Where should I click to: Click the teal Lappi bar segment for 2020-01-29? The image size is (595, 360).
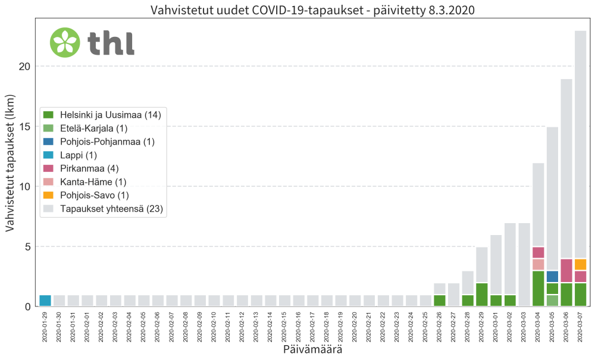tap(45, 300)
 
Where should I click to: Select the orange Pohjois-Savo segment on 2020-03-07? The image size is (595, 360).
tap(581, 264)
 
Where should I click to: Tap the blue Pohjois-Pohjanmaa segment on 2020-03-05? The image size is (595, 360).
tap(552, 277)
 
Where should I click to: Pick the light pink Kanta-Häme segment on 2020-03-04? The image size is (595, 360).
tap(538, 264)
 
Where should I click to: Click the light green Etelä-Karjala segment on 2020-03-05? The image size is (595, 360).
tap(552, 300)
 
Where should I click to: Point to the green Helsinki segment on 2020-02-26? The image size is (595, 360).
tap(439, 300)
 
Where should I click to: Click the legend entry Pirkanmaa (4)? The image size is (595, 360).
tap(84, 168)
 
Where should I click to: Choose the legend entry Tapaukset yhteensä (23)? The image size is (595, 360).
tap(111, 208)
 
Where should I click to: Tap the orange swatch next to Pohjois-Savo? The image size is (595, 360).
tap(49, 195)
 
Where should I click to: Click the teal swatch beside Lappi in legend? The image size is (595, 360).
tap(49, 155)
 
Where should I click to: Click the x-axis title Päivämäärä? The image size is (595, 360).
tap(314, 350)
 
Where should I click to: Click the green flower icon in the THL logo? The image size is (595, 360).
tap(65, 42)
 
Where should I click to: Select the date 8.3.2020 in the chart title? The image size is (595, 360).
tap(452, 10)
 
